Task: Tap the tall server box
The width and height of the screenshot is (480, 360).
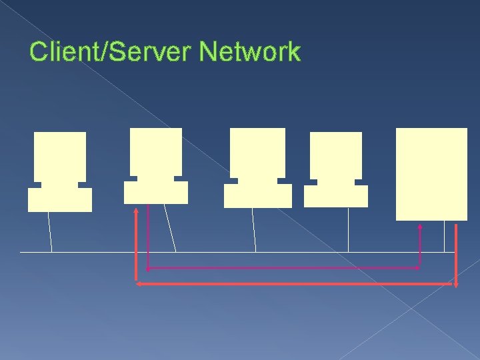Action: (431, 173)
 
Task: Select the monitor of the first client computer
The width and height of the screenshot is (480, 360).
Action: (60, 157)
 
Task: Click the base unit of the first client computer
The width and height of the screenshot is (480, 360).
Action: (60, 199)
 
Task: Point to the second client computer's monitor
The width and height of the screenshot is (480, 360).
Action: (156, 152)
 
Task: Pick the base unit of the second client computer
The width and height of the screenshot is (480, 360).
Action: (156, 193)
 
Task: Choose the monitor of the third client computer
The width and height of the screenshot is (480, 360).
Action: (257, 153)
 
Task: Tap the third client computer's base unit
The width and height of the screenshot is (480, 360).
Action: (257, 196)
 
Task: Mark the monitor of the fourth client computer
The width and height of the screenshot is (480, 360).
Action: (336, 155)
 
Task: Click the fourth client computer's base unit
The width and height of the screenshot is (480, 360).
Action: (336, 196)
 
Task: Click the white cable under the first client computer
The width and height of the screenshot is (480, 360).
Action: (50, 232)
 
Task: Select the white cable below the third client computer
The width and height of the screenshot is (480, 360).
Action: (254, 230)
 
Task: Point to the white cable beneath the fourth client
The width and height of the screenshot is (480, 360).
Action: (348, 230)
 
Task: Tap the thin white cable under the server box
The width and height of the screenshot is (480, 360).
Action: (444, 236)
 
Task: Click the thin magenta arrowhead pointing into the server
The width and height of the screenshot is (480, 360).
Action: (420, 227)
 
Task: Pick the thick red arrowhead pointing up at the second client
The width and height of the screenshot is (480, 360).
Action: (136, 211)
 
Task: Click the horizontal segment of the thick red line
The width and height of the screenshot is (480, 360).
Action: (293, 284)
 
